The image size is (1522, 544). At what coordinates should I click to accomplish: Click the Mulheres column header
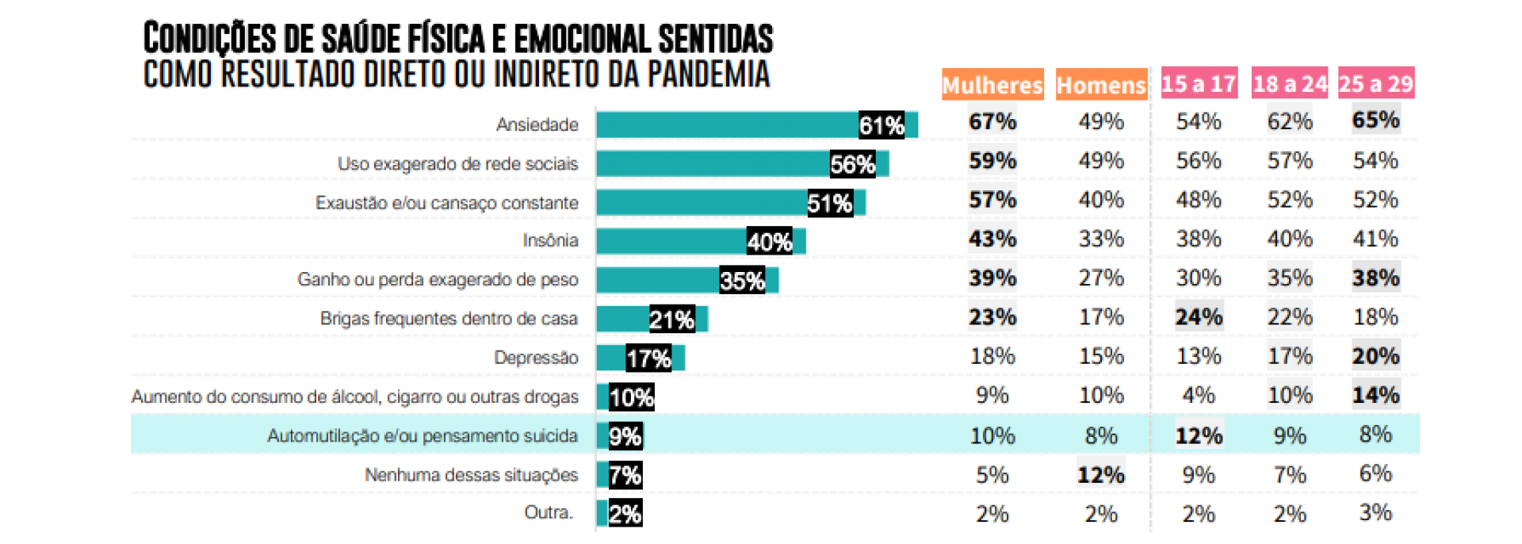(992, 85)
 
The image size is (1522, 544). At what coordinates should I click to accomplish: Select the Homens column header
(1101, 85)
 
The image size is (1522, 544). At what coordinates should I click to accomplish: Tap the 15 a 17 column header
(1198, 83)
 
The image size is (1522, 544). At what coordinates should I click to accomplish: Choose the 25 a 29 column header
(1375, 83)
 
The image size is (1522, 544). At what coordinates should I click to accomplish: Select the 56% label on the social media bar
(852, 164)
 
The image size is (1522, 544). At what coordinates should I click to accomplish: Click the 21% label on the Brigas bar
(671, 319)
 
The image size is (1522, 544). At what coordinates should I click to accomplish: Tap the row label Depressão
(536, 358)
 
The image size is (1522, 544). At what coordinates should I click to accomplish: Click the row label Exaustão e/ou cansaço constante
(446, 203)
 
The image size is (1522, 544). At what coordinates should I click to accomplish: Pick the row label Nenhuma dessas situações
(471, 475)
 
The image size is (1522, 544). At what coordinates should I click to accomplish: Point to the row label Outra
(548, 513)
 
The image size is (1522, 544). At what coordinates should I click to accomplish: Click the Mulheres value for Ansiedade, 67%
(992, 121)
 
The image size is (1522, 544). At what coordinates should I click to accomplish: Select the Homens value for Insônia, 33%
(1100, 239)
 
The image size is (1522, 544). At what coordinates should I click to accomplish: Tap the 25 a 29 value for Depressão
(1375, 356)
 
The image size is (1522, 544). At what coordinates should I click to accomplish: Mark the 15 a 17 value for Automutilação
(1198, 435)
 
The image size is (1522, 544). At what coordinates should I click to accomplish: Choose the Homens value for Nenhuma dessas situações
(1100, 475)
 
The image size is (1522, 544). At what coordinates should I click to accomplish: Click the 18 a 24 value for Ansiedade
(1289, 121)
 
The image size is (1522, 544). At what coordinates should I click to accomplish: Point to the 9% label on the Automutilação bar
(625, 436)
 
